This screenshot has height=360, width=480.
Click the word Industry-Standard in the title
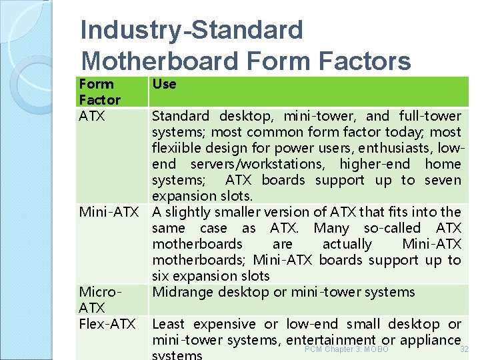pyautogui.click(x=191, y=30)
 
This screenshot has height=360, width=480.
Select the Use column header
pyautogui.click(x=164, y=84)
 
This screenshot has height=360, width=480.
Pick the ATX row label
pyautogui.click(x=91, y=116)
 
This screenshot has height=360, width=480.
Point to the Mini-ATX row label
pyautogui.click(x=109, y=212)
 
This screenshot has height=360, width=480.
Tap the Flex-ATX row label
pyautogui.click(x=107, y=324)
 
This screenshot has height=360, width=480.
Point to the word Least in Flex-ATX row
pyautogui.click(x=169, y=324)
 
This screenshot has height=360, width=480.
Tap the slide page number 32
pyautogui.click(x=465, y=349)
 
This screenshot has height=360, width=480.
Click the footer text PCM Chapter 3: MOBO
pyautogui.click(x=346, y=349)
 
